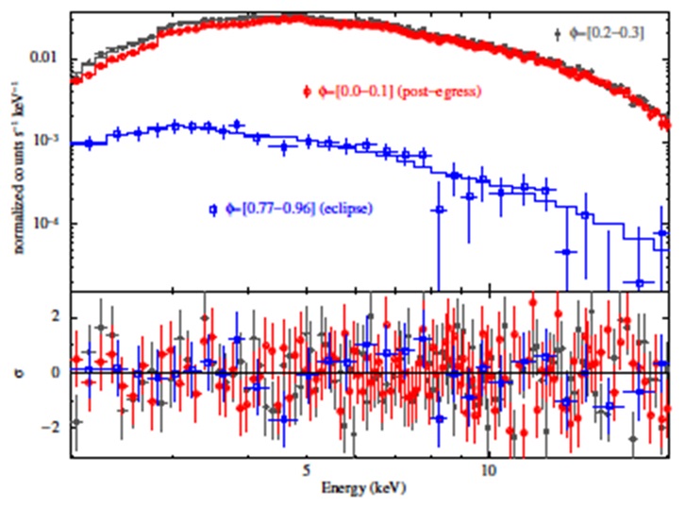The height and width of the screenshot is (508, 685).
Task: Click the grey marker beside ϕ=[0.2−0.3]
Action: pyautogui.click(x=559, y=34)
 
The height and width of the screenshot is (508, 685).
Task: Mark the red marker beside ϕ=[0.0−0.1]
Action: pyautogui.click(x=308, y=92)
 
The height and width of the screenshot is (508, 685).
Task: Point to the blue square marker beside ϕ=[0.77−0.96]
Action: pyautogui.click(x=214, y=207)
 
